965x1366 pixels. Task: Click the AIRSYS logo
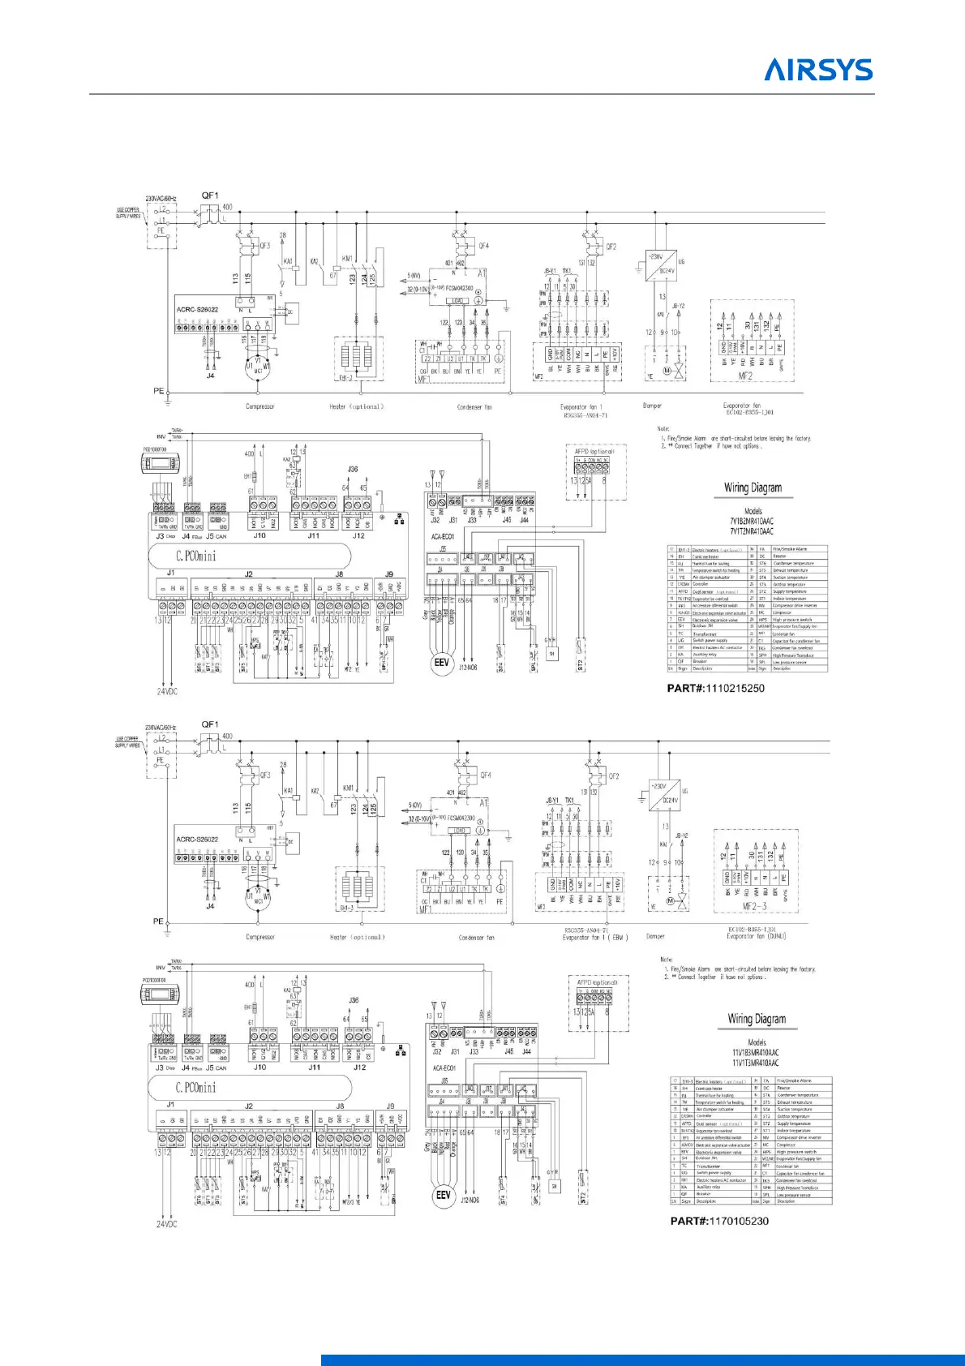pos(818,70)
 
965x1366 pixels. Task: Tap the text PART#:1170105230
pos(719,1221)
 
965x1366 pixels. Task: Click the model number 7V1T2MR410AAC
pos(753,531)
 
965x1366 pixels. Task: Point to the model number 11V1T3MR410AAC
pos(756,1063)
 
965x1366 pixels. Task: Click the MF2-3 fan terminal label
pos(755,907)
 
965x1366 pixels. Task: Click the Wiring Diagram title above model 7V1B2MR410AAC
pos(753,488)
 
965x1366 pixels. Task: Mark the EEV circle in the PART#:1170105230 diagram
pos(443,1196)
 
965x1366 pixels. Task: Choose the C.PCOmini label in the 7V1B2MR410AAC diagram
pos(196,556)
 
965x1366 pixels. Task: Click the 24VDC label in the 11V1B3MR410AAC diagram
pos(167,1224)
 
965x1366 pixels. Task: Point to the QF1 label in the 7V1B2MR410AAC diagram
pos(209,195)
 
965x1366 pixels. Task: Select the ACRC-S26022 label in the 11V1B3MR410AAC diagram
pos(197,839)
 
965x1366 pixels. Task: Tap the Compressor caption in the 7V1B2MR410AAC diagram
pos(259,406)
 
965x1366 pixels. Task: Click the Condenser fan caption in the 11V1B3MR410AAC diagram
pos(476,938)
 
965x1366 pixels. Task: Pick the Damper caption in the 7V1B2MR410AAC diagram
pos(652,406)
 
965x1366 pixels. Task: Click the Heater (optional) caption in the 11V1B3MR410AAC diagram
pos(357,937)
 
